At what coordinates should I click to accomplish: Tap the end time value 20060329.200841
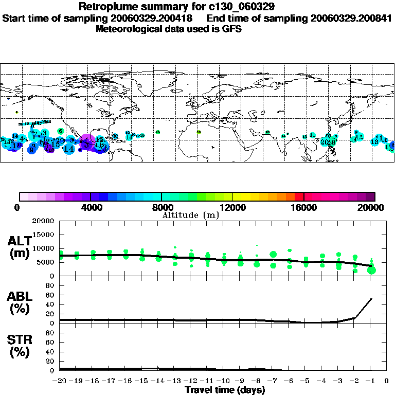(x=351, y=18)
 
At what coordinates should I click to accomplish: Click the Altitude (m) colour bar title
(x=190, y=215)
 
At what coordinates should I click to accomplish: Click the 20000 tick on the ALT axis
(x=44, y=221)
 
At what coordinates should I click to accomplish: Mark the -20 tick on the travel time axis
(x=60, y=381)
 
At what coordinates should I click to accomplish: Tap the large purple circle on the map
(x=87, y=141)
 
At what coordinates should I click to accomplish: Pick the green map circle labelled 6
(x=61, y=131)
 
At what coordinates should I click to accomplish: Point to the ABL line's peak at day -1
(x=371, y=298)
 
